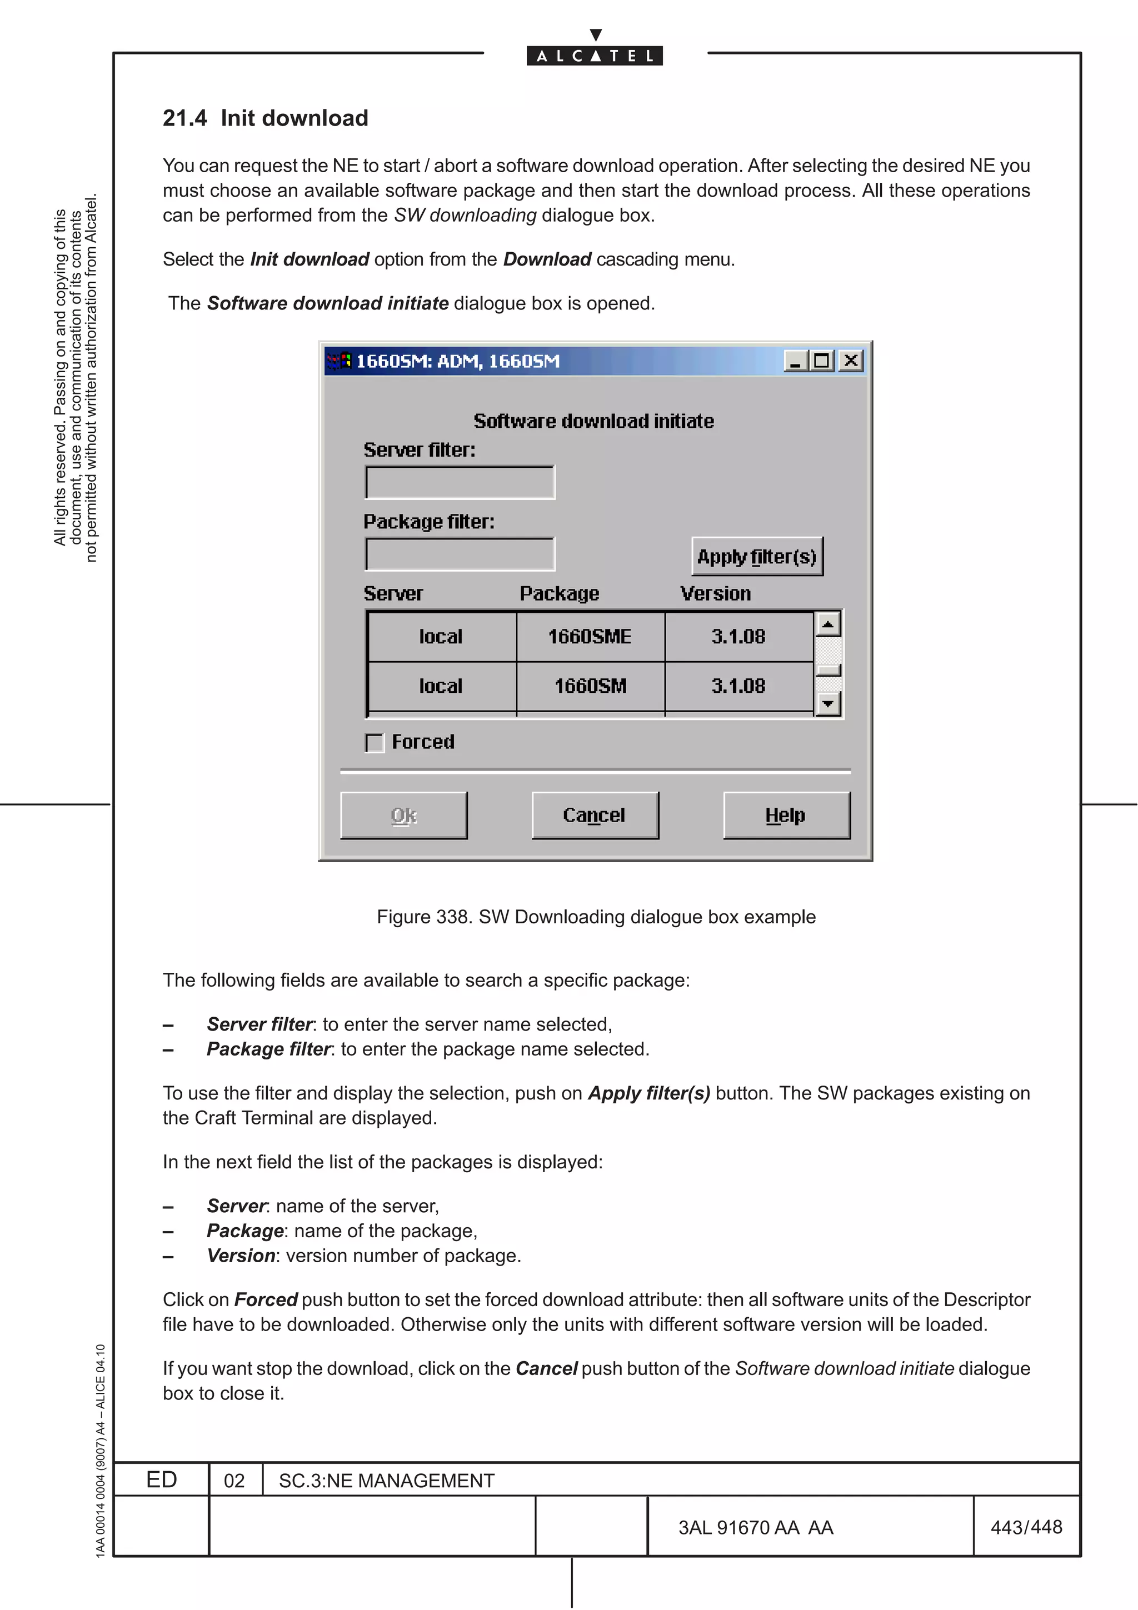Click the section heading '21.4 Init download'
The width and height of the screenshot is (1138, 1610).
coord(265,118)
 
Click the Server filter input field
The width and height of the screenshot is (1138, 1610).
coord(460,482)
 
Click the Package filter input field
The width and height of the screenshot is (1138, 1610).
coord(460,554)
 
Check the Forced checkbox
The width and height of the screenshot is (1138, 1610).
coord(375,743)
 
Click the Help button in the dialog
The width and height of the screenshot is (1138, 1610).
coord(786,815)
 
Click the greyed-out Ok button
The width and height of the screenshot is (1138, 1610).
coord(404,815)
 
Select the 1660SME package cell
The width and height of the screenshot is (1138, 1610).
coord(590,637)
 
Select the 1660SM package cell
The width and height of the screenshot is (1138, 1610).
coord(590,686)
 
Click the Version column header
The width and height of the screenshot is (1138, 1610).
coord(715,593)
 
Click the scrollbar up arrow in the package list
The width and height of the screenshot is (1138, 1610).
coord(829,623)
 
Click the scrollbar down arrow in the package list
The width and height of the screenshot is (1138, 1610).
coord(829,703)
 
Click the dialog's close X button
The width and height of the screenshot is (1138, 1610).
coord(851,361)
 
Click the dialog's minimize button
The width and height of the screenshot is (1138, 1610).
coord(795,361)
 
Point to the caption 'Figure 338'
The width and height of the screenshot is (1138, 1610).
coord(596,917)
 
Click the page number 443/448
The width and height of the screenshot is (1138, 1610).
coord(1026,1527)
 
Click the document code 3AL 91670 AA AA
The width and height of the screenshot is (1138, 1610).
coord(755,1528)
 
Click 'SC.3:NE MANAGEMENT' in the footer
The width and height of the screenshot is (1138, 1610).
coord(386,1481)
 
